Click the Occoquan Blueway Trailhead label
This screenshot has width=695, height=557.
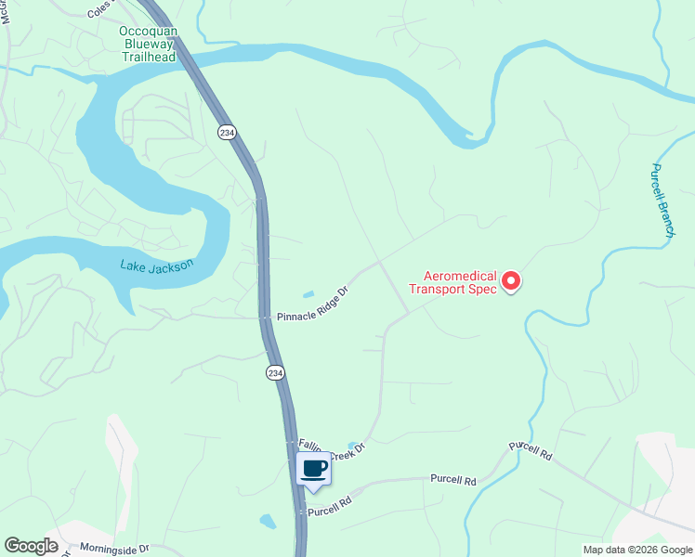coord(149,43)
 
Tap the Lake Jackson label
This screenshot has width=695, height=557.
coord(157,266)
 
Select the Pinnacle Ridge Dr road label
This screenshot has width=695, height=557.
coord(312,304)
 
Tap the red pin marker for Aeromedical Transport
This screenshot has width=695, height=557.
coord(511,280)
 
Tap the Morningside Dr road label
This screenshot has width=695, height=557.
coord(114,550)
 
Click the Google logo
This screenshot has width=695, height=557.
coord(31,547)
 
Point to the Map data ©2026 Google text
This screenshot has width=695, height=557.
coord(637,550)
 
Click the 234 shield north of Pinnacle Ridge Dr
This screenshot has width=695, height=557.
coord(227,133)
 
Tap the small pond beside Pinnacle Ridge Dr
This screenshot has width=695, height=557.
coord(308,295)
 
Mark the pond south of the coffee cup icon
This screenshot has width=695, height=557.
coord(268,521)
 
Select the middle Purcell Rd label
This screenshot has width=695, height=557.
coord(452,480)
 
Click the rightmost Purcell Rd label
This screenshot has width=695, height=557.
coord(531,452)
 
